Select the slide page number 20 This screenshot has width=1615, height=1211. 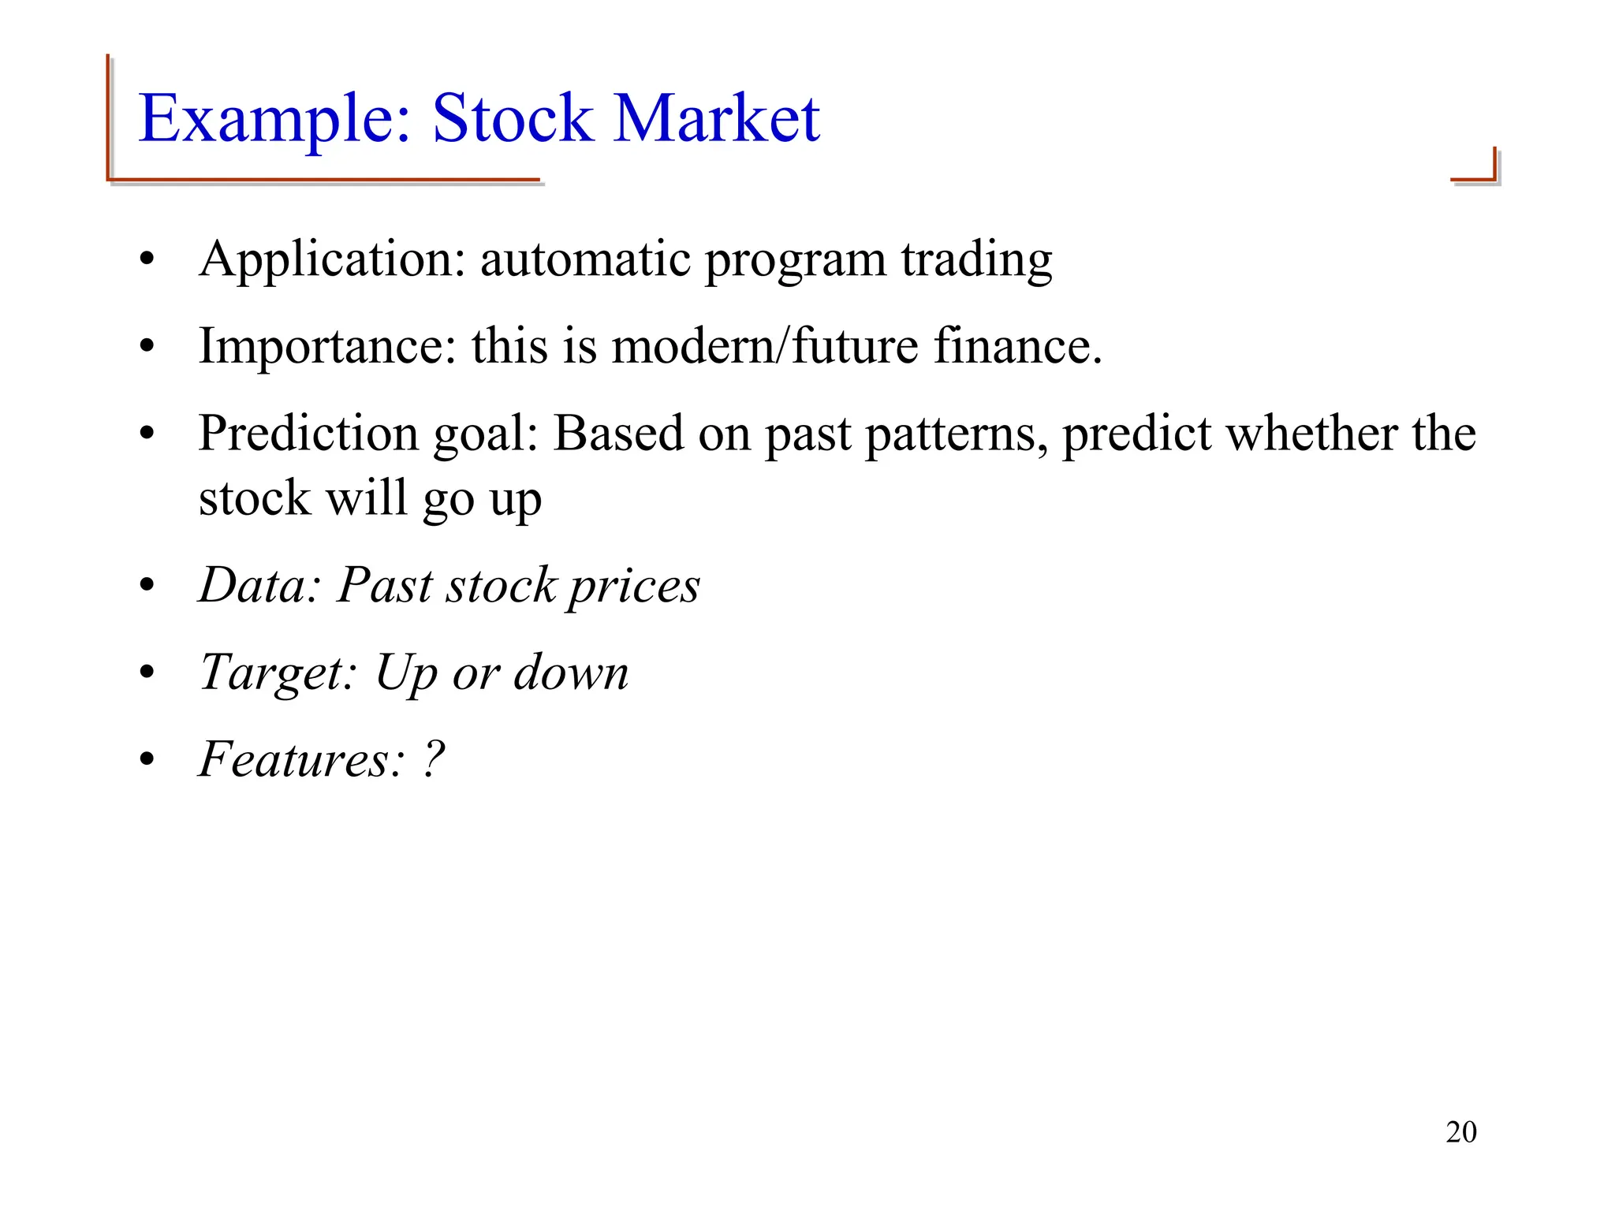point(1460,1132)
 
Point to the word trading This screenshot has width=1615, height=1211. point(976,260)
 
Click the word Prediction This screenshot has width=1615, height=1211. point(308,434)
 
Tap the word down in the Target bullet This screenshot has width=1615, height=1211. point(571,673)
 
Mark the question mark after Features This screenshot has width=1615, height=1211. point(435,760)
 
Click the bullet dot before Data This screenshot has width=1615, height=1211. point(147,587)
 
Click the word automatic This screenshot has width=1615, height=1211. point(586,260)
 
